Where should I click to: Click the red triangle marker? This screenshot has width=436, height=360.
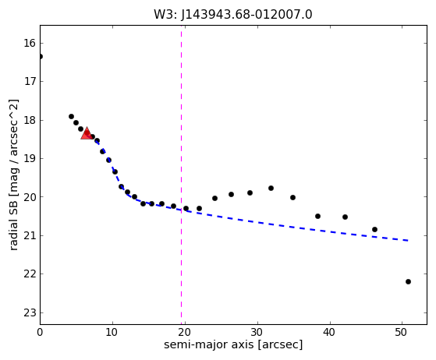pyautogui.click(x=87, y=133)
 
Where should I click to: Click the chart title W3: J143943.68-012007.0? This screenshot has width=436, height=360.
pyautogui.click(x=233, y=15)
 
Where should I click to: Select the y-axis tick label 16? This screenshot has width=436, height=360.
pyautogui.click(x=30, y=44)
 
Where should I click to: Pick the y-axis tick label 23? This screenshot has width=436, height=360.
pyautogui.click(x=30, y=313)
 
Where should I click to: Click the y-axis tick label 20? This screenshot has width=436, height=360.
pyautogui.click(x=30, y=197)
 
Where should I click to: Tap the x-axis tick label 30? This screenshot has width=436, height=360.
pyautogui.click(x=257, y=332)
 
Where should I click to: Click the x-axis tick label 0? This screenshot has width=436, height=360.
pyautogui.click(x=40, y=332)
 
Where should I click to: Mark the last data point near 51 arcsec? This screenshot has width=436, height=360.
pyautogui.click(x=408, y=281)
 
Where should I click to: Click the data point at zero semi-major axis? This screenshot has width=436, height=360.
pyautogui.click(x=40, y=57)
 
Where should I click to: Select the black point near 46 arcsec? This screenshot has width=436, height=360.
pyautogui.click(x=374, y=229)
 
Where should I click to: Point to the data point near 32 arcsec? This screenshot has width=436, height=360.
pyautogui.click(x=271, y=188)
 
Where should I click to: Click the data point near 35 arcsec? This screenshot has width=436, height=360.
pyautogui.click(x=292, y=197)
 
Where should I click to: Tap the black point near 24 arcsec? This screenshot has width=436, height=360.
pyautogui.click(x=214, y=199)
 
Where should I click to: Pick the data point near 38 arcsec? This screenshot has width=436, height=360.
pyautogui.click(x=317, y=216)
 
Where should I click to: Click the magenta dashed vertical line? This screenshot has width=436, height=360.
pyautogui.click(x=181, y=175)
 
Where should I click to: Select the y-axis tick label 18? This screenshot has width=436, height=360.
pyautogui.click(x=30, y=121)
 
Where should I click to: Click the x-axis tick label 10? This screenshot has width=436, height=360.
pyautogui.click(x=112, y=332)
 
